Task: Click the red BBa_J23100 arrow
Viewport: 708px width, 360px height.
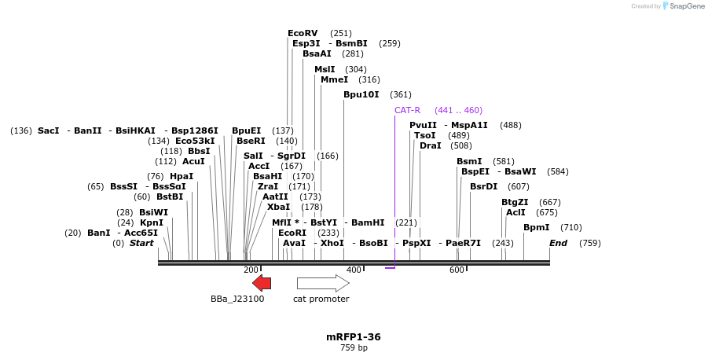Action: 262,284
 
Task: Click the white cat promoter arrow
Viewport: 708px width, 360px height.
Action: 323,284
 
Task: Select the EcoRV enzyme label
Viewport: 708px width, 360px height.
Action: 303,33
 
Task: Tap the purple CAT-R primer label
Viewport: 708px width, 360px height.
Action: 407,110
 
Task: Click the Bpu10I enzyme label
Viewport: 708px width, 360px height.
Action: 361,94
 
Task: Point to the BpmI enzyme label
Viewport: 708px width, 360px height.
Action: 537,227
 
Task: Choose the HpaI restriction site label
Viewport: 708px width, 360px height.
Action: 182,176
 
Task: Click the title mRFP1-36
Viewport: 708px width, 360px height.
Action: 354,336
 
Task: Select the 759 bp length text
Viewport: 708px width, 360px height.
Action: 354,347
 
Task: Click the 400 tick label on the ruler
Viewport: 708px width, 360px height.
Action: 354,270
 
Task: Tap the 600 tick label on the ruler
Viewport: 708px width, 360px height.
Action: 457,270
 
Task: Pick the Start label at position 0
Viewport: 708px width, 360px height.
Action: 141,243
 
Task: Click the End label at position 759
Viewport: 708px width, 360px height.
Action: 558,243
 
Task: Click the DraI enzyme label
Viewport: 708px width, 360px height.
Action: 430,145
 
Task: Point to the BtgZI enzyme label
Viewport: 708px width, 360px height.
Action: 515,202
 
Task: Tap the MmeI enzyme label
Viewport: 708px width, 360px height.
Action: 334,79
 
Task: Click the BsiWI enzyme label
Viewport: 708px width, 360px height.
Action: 153,212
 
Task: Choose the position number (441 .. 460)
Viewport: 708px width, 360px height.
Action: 458,110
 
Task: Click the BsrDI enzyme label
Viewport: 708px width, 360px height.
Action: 483,186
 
